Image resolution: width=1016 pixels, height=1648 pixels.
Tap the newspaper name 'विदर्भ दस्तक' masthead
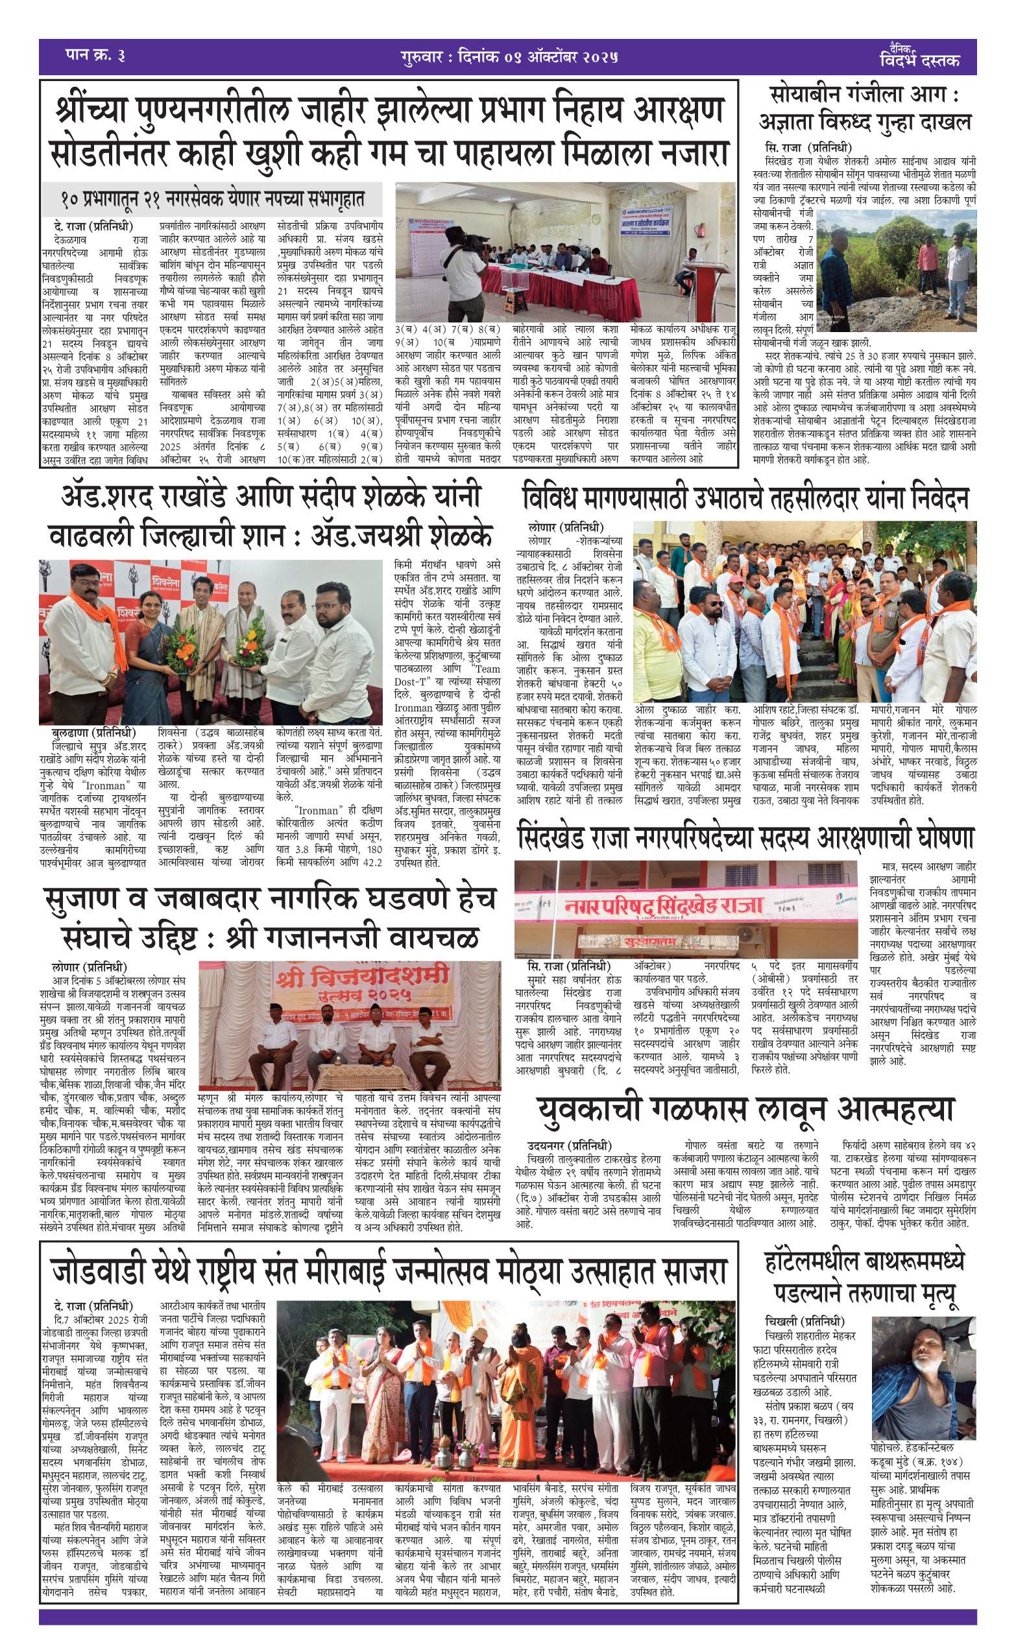pos(919,58)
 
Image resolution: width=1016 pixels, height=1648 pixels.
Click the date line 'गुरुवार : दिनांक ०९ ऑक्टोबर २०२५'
pos(509,56)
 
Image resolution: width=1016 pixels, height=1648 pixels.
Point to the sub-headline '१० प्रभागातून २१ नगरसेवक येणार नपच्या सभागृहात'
pos(212,200)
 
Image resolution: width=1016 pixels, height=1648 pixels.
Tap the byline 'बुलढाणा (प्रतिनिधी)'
pos(93,733)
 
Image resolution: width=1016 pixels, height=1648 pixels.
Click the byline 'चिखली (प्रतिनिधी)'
pos(805,1321)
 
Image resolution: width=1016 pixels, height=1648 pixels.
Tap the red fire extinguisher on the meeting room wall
pos(700,232)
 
